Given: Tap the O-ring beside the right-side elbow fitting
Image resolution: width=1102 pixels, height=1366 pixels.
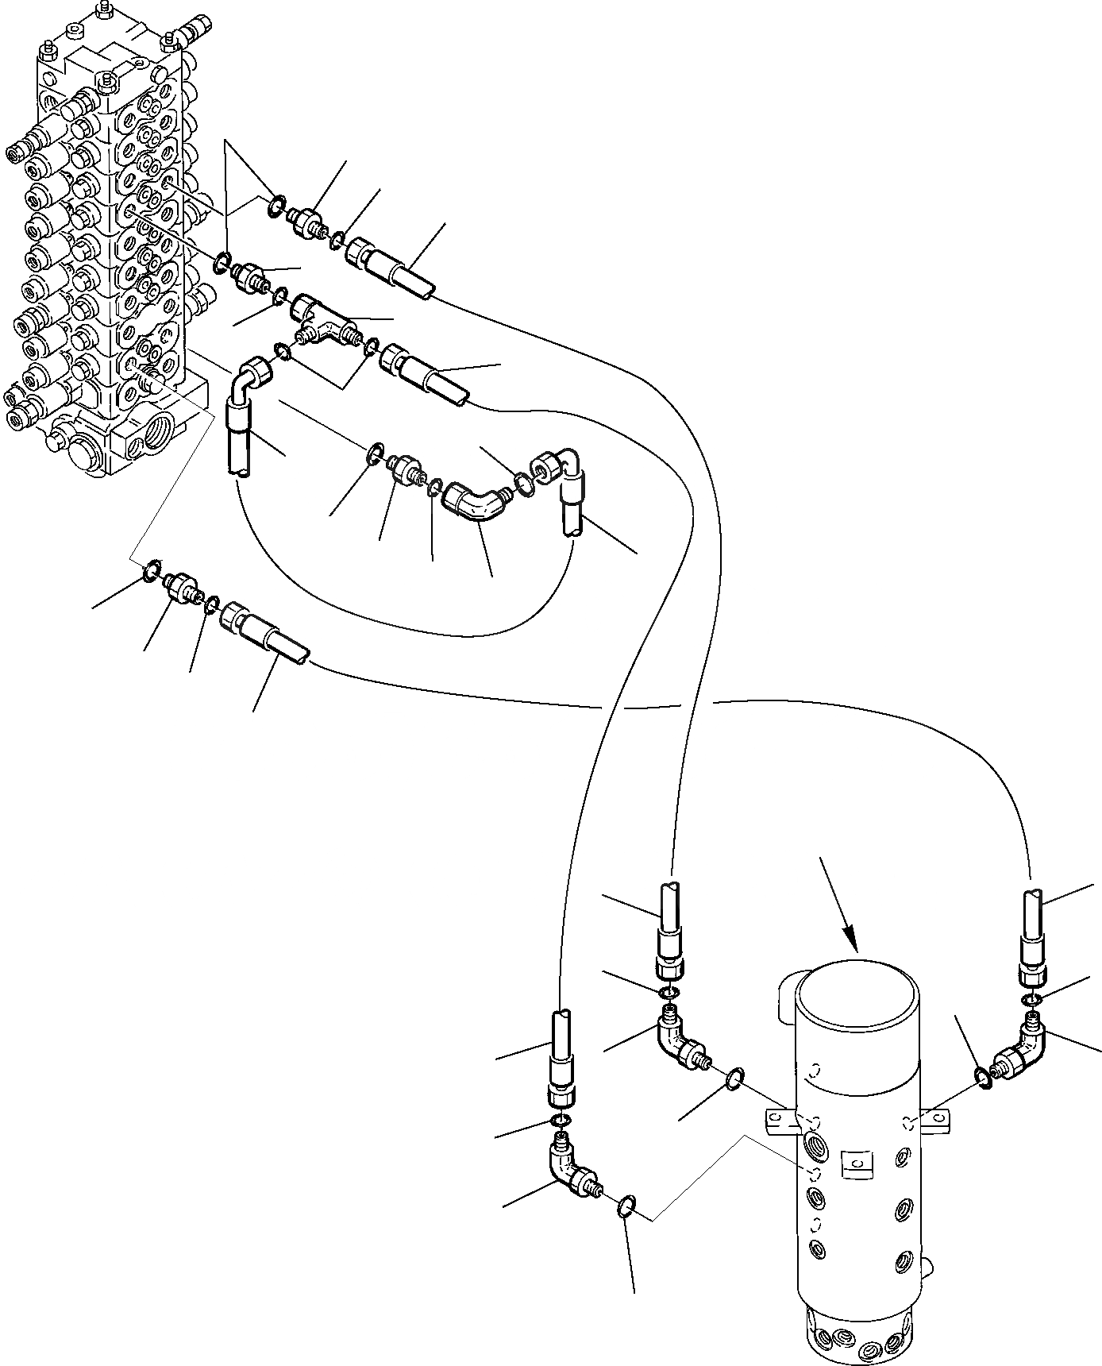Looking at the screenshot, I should (x=983, y=1075).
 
